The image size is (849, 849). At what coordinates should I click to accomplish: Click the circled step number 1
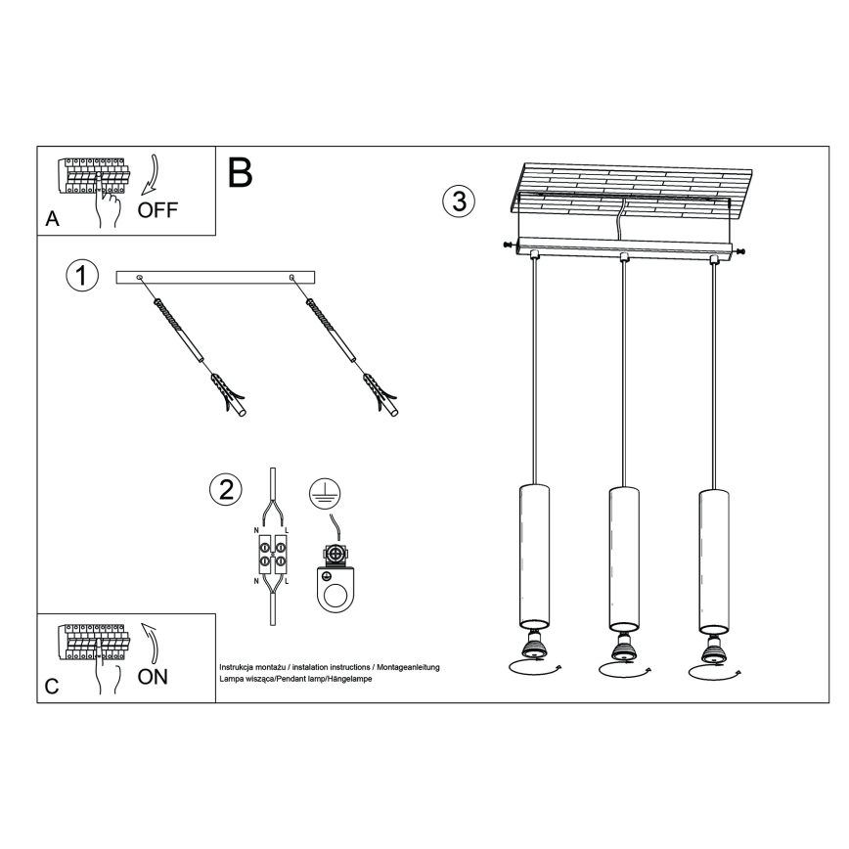point(82,276)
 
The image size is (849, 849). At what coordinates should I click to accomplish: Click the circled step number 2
point(226,490)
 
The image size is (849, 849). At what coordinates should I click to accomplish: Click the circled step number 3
point(459,201)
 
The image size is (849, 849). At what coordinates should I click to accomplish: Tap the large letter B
point(241,173)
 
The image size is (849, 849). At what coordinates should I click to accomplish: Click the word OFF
point(157,210)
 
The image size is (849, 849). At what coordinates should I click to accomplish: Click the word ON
point(152,676)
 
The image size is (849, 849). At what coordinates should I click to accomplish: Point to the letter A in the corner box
point(53,221)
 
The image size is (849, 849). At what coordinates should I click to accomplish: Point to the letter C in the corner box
point(52,687)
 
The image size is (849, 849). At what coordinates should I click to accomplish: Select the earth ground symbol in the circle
point(323,495)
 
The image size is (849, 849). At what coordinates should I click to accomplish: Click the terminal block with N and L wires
point(272,555)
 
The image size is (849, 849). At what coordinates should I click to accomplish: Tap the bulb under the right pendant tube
point(712,648)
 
